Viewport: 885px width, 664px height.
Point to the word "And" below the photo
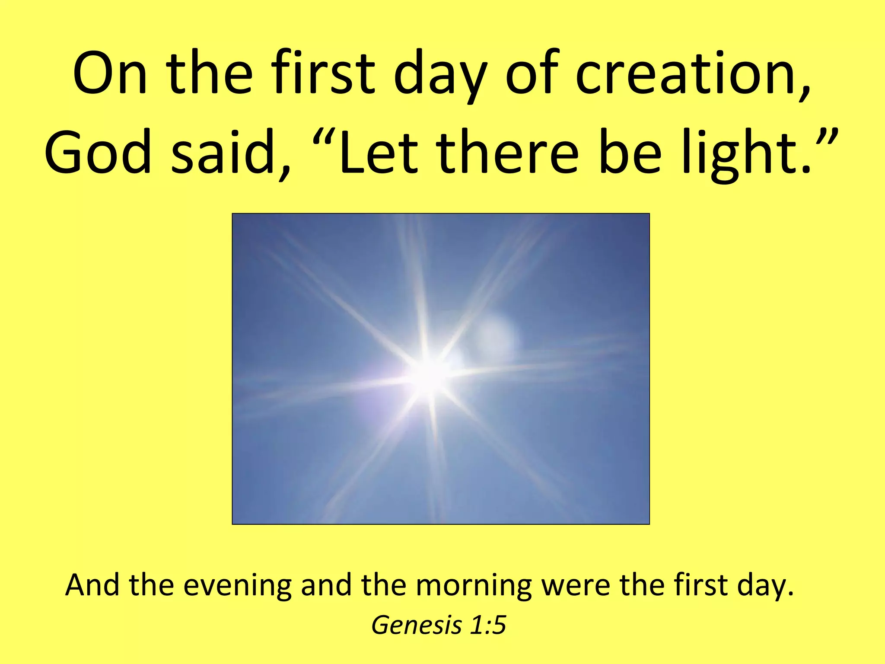tap(92, 585)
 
